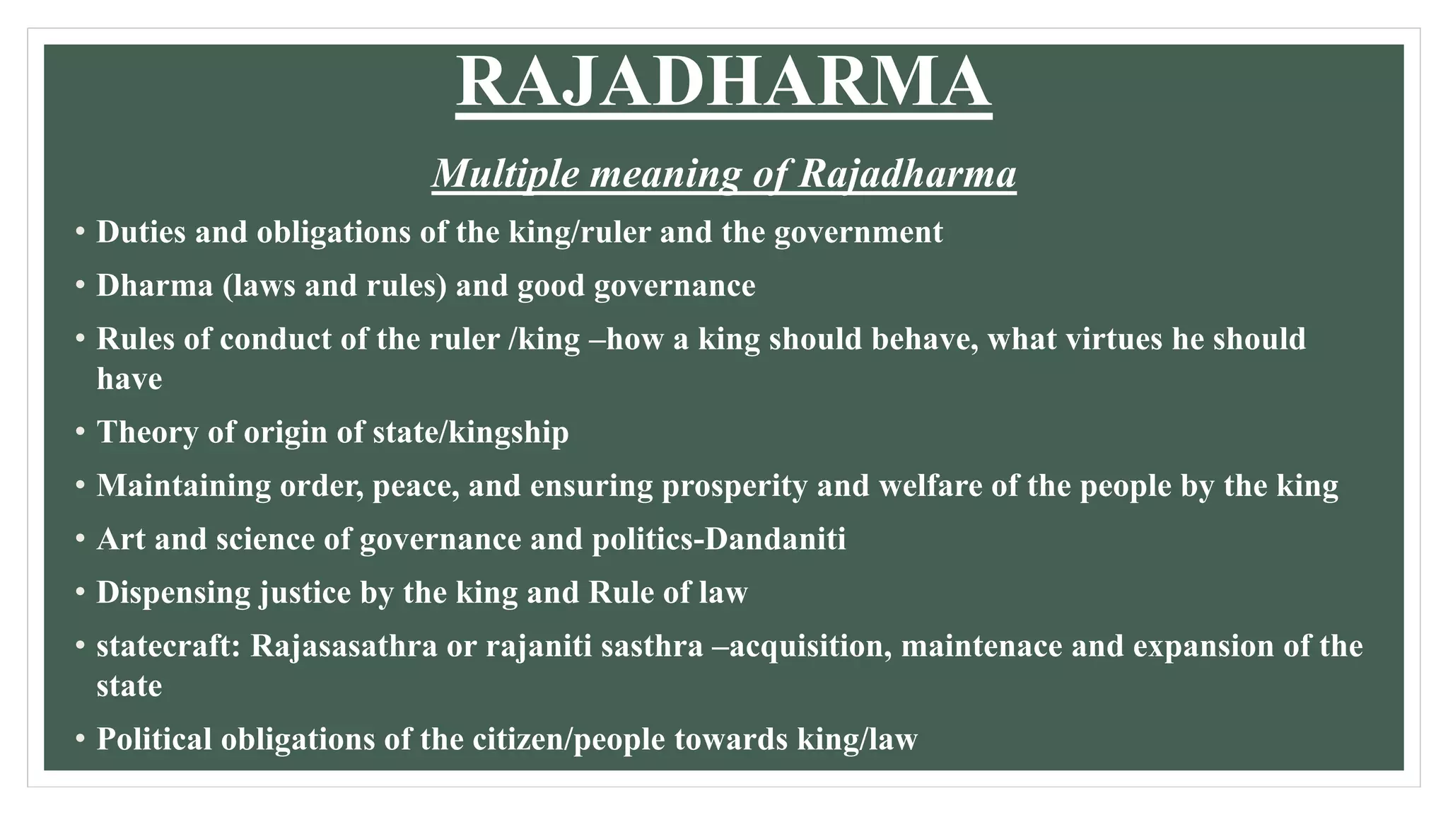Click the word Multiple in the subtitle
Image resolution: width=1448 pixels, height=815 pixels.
click(x=506, y=173)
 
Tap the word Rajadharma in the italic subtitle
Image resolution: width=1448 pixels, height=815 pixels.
click(x=907, y=173)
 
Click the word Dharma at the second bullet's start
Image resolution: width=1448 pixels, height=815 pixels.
click(x=154, y=286)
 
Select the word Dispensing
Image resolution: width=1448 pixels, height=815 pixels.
click(x=173, y=593)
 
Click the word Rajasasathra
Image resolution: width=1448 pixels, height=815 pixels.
click(x=344, y=647)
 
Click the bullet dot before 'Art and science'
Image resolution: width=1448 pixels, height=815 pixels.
click(x=81, y=540)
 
